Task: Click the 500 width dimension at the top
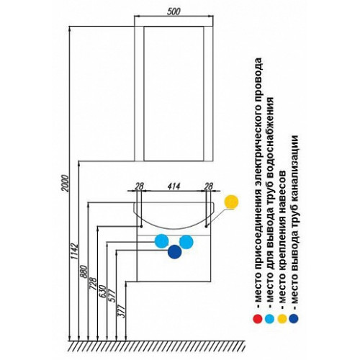(174, 12)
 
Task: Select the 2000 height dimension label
(66, 184)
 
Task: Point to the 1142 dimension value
(75, 251)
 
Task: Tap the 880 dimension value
(84, 271)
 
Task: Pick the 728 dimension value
(93, 284)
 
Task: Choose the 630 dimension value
(102, 291)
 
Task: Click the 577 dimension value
(112, 296)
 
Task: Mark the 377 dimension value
(122, 311)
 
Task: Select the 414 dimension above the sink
(174, 186)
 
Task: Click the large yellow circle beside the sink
(231, 202)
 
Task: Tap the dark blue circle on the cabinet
(175, 252)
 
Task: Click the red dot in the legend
(258, 319)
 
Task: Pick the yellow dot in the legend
(282, 319)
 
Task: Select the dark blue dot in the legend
(294, 319)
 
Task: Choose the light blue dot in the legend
(269, 319)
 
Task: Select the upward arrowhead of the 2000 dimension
(70, 30)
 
